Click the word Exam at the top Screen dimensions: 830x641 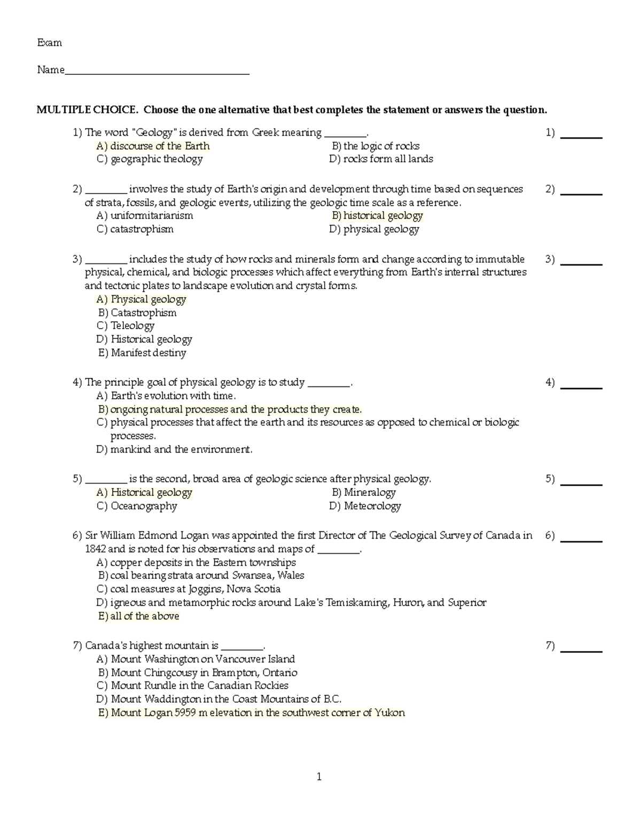[x=49, y=43]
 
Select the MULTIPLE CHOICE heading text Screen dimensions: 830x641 [x=291, y=110]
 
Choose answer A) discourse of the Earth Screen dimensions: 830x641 [x=153, y=146]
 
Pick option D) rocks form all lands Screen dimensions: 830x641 [x=381, y=159]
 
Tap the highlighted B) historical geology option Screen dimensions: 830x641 [x=377, y=216]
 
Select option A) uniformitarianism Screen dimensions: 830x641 [x=145, y=216]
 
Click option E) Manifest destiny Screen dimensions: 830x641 [x=142, y=353]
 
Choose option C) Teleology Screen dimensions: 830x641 [x=126, y=326]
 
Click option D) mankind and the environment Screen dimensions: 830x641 [x=174, y=449]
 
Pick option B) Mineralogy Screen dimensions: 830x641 [x=363, y=493]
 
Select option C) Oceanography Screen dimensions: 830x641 [x=137, y=506]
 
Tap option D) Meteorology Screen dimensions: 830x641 [x=365, y=506]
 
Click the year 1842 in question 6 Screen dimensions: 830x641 [x=96, y=549]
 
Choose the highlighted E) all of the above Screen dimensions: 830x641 [x=139, y=616]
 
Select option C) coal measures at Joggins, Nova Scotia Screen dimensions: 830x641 [x=189, y=589]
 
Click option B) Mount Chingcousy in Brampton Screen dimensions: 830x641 [x=198, y=673]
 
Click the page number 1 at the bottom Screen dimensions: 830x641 [x=319, y=777]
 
